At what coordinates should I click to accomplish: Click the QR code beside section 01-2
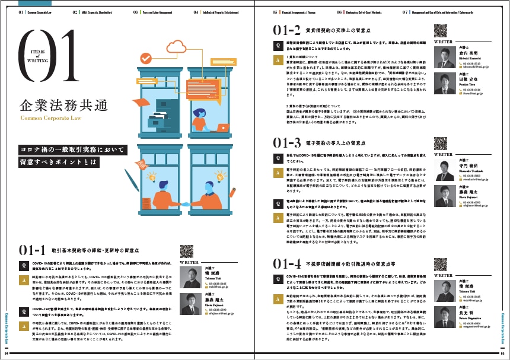coord(441,31)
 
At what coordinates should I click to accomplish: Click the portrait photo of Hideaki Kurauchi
coord(444,58)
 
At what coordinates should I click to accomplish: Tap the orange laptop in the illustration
coord(222,127)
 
